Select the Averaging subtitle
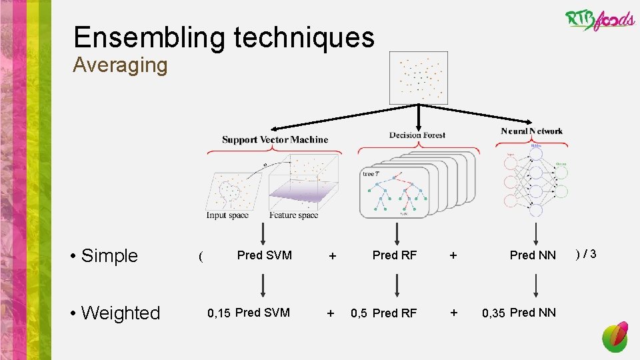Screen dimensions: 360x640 point(120,65)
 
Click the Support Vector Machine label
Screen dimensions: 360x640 point(275,139)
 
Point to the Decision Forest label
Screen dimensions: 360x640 point(417,135)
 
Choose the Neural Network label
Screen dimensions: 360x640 point(531,131)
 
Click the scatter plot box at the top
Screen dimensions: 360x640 point(418,78)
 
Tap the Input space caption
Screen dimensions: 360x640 point(227,215)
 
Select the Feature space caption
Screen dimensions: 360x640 point(293,215)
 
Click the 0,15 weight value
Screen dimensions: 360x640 point(219,313)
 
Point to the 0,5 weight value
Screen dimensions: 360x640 point(359,313)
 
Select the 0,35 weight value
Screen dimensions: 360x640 point(493,313)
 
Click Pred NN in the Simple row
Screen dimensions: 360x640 point(532,255)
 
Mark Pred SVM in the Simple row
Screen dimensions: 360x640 point(264,255)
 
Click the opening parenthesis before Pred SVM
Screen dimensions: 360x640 point(201,256)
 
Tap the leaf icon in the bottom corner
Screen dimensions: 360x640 point(615,337)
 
